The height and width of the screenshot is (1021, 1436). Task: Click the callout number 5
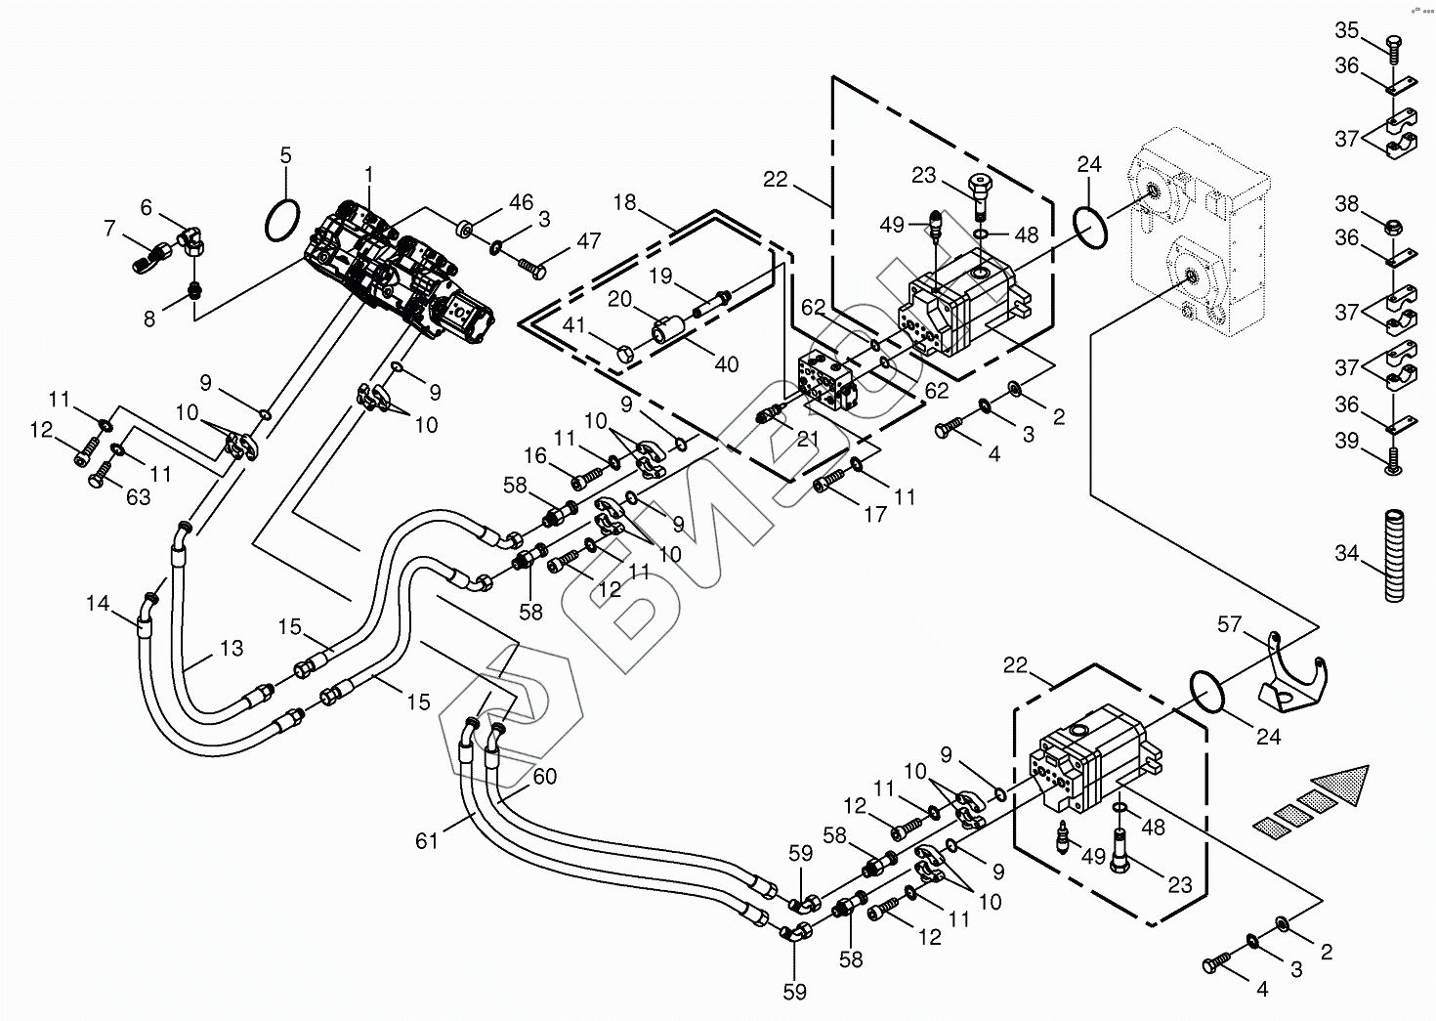pos(285,155)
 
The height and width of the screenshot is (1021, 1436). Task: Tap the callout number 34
pos(1347,553)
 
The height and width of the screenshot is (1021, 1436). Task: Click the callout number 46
pos(521,203)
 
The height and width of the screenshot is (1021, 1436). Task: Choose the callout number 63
pos(138,496)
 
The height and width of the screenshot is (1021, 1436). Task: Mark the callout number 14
pos(98,604)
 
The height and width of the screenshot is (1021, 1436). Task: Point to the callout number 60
pos(544,777)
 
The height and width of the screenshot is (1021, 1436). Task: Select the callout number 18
pos(624,203)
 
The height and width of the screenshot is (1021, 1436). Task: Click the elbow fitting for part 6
pos(192,238)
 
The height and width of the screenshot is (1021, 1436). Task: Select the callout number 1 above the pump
pos(369,174)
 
